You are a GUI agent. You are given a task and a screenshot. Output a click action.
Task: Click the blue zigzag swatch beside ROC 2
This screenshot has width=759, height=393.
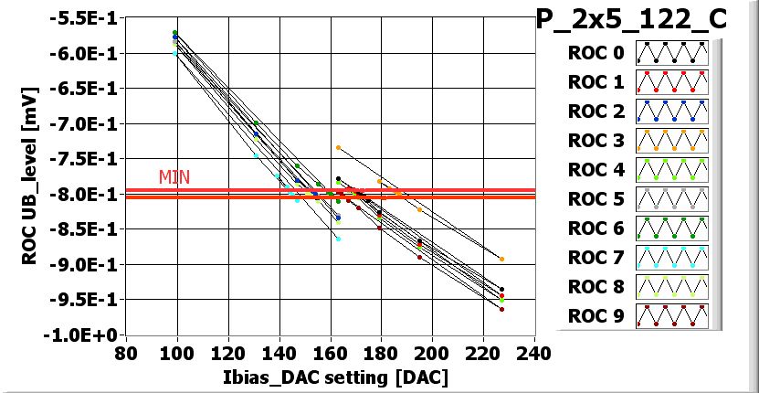(673, 112)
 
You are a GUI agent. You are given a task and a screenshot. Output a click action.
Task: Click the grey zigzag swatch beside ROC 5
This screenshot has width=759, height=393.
(673, 199)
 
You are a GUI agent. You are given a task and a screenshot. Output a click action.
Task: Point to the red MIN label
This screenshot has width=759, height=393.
(174, 176)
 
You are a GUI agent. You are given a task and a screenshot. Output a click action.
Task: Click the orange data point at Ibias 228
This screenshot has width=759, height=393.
(501, 260)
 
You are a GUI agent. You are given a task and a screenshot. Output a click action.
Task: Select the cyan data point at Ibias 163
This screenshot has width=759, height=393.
(338, 239)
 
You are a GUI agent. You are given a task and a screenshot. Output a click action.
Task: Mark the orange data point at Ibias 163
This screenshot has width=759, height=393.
(338, 147)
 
